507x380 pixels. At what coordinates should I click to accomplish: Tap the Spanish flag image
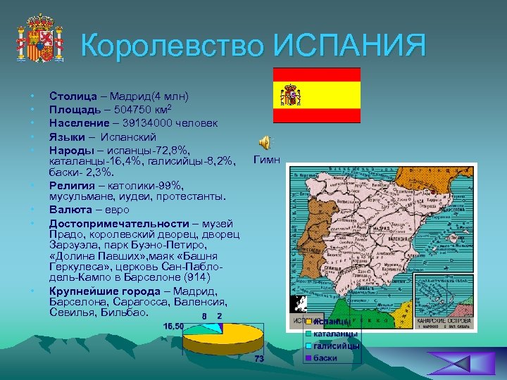[316, 95]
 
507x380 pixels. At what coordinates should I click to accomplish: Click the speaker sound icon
[264, 142]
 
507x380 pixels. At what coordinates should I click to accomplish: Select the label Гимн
[266, 160]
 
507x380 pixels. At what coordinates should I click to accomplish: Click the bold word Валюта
[70, 210]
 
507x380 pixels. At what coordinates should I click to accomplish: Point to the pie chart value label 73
[259, 360]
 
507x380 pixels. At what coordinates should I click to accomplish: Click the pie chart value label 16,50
[173, 326]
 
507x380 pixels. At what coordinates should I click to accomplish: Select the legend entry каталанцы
[335, 334]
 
